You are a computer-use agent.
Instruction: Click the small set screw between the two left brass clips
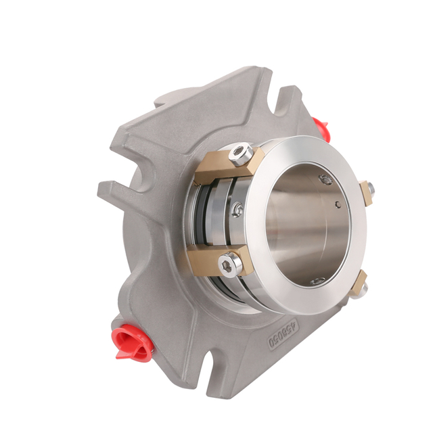coord(237,210)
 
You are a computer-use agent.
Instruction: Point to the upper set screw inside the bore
coord(326,180)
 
